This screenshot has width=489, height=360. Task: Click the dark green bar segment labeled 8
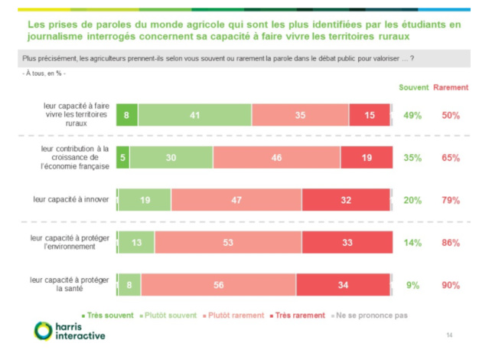pos(127,115)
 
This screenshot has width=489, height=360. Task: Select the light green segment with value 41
pos(194,115)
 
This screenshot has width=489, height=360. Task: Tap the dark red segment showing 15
pos(370,115)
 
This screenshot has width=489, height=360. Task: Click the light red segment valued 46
pos(276,158)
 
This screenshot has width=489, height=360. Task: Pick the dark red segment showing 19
pos(365,158)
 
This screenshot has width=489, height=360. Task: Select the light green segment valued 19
pos(145,201)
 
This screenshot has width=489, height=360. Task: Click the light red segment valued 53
pos(229,244)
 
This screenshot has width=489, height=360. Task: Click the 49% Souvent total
pos(412,115)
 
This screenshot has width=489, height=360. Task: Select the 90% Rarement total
pos(451,285)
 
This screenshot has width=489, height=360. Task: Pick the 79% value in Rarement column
pos(451,201)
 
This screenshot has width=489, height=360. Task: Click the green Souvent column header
pos(413,87)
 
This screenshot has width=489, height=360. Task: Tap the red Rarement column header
pos(452,87)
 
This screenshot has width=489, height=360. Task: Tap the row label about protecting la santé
pos(71,285)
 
